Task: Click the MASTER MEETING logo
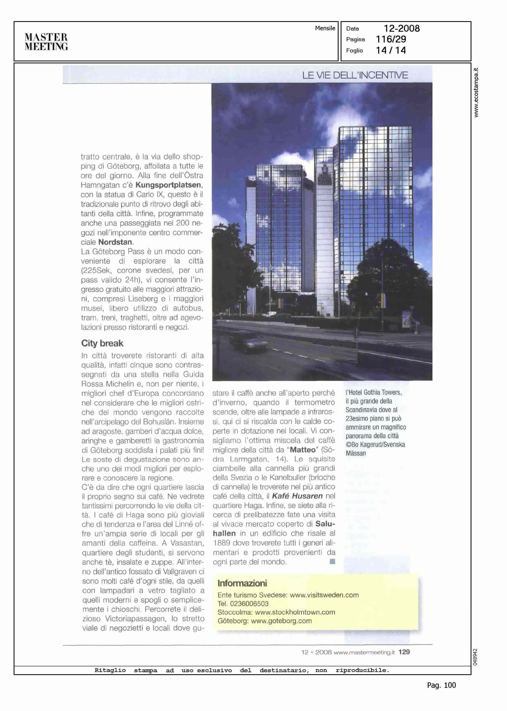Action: (46, 42)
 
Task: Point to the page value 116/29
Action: (391, 39)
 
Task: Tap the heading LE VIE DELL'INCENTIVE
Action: (355, 75)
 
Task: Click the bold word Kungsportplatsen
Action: (167, 185)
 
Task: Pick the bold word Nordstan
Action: (115, 242)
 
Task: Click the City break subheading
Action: (102, 343)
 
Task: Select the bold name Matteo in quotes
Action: (303, 450)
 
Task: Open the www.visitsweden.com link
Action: (324, 595)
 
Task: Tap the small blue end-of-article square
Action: (333, 562)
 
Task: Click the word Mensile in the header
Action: (325, 28)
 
